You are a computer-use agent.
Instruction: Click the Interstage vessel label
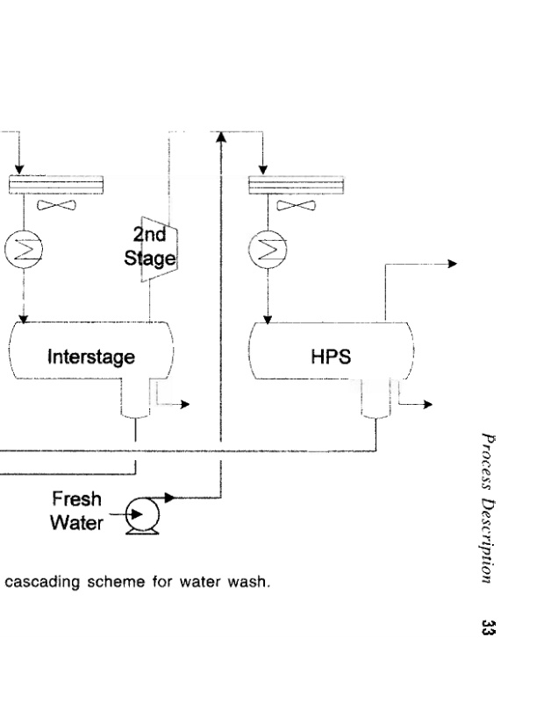click(x=92, y=357)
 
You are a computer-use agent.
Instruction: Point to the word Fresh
click(x=76, y=499)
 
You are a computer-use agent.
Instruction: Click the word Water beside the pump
click(x=77, y=523)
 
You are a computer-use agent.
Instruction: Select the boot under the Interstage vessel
click(x=135, y=401)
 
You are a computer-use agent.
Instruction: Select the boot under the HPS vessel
click(x=376, y=401)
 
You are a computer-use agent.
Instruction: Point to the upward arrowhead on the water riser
click(x=219, y=138)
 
